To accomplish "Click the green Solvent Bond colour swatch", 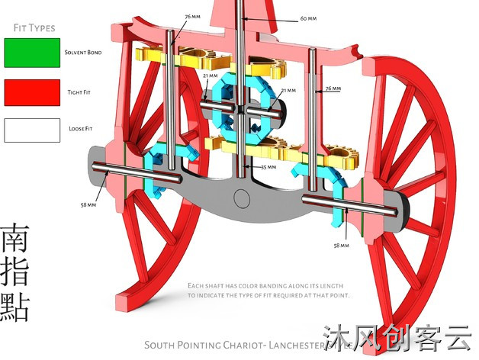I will click(x=31, y=53).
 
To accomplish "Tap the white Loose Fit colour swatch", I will click(x=31, y=130).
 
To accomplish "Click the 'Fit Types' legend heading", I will click(x=34, y=28).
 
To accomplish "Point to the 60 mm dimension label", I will click(x=307, y=18).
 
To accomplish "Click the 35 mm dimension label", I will click(x=268, y=166).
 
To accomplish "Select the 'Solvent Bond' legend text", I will click(x=82, y=53).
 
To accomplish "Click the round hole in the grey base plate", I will click(x=242, y=200).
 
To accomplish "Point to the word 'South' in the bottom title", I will click(x=162, y=344).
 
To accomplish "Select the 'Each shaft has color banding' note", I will click(x=268, y=290).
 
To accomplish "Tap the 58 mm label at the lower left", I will click(x=88, y=204).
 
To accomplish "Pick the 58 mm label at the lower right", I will click(x=341, y=246).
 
